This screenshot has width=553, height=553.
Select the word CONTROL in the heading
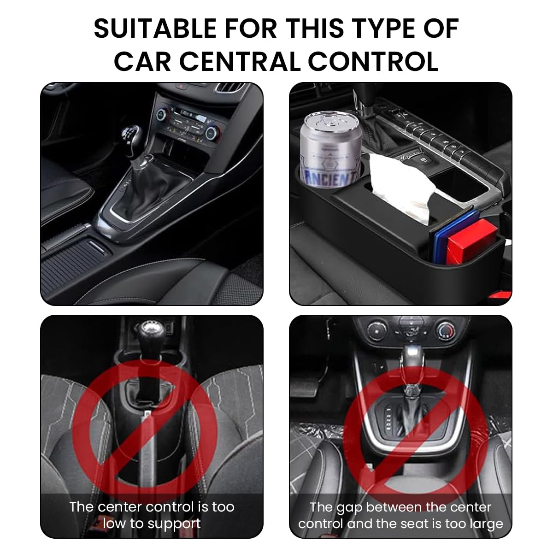click(373, 61)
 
